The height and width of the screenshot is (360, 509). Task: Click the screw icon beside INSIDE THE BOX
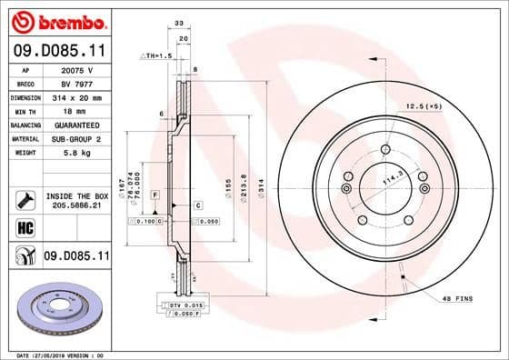(24, 201)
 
